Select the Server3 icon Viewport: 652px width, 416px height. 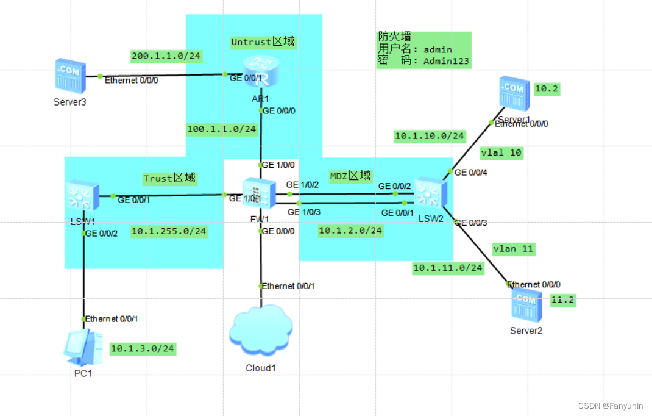[x=70, y=75]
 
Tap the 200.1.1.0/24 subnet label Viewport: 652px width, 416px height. [x=166, y=56]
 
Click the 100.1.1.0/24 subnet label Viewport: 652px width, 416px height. [x=222, y=129]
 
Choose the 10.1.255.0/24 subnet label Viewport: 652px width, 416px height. [x=169, y=231]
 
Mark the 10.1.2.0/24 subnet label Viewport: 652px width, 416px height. [x=351, y=230]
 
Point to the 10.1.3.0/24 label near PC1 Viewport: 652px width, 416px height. [x=143, y=349]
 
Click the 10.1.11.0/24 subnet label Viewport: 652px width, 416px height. [x=448, y=267]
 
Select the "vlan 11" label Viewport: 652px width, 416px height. [x=513, y=248]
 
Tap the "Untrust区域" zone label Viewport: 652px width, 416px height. [x=263, y=42]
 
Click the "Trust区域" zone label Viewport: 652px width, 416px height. [x=169, y=178]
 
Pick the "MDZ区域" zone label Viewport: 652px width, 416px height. [x=350, y=176]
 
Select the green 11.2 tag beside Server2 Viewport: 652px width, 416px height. [x=562, y=300]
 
